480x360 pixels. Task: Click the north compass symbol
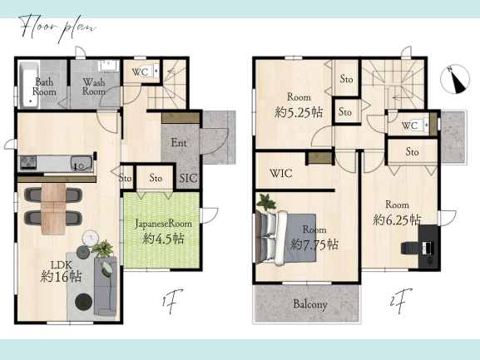click(455, 79)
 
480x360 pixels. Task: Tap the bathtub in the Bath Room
click(29, 85)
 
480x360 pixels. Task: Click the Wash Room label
click(94, 86)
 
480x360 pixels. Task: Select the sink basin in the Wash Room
click(108, 66)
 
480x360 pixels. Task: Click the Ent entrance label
click(179, 142)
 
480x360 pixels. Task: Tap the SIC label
click(189, 178)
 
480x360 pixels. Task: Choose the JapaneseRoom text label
click(164, 224)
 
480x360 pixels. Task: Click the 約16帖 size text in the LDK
click(62, 277)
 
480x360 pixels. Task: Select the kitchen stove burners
click(28, 163)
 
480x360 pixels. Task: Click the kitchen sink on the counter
click(82, 163)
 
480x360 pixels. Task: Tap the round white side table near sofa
click(91, 238)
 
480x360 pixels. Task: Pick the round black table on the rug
click(83, 302)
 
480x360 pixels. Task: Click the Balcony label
click(310, 304)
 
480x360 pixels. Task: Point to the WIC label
click(280, 174)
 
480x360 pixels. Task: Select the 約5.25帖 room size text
click(299, 112)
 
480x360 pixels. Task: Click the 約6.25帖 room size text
click(397, 219)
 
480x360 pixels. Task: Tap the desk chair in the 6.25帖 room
click(410, 248)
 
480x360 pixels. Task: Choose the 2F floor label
click(401, 300)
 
